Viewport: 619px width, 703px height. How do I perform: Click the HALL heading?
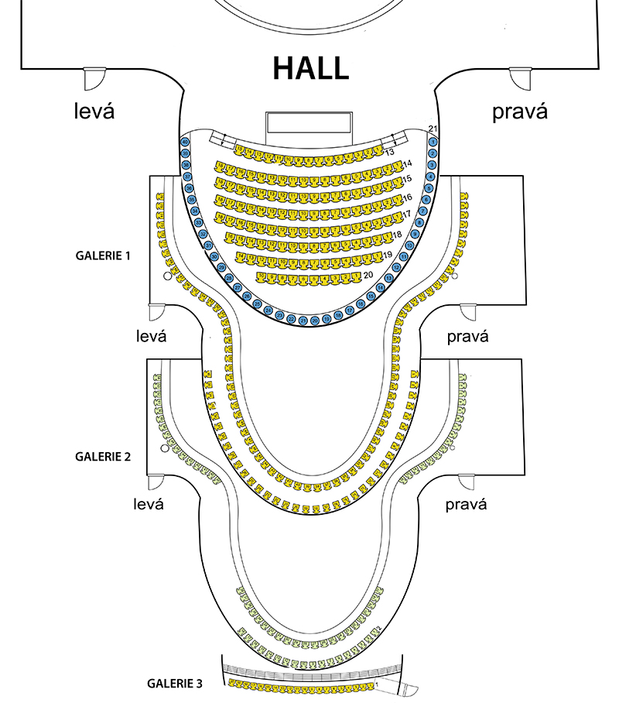point(310,68)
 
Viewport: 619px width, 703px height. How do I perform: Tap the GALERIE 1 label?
point(102,255)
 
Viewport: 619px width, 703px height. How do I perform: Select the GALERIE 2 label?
point(102,456)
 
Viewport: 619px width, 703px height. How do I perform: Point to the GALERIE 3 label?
point(175,683)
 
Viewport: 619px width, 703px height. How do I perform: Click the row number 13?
point(390,152)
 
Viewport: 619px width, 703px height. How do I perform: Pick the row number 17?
point(406,214)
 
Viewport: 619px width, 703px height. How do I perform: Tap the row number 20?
point(368,275)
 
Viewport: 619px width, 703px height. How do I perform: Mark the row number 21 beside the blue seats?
point(433,129)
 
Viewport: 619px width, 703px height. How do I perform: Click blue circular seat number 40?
point(185,142)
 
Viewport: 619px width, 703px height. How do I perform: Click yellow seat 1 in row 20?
point(356,276)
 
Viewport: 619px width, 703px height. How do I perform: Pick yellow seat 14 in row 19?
point(242,256)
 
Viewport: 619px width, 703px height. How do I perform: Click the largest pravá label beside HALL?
point(520,112)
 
